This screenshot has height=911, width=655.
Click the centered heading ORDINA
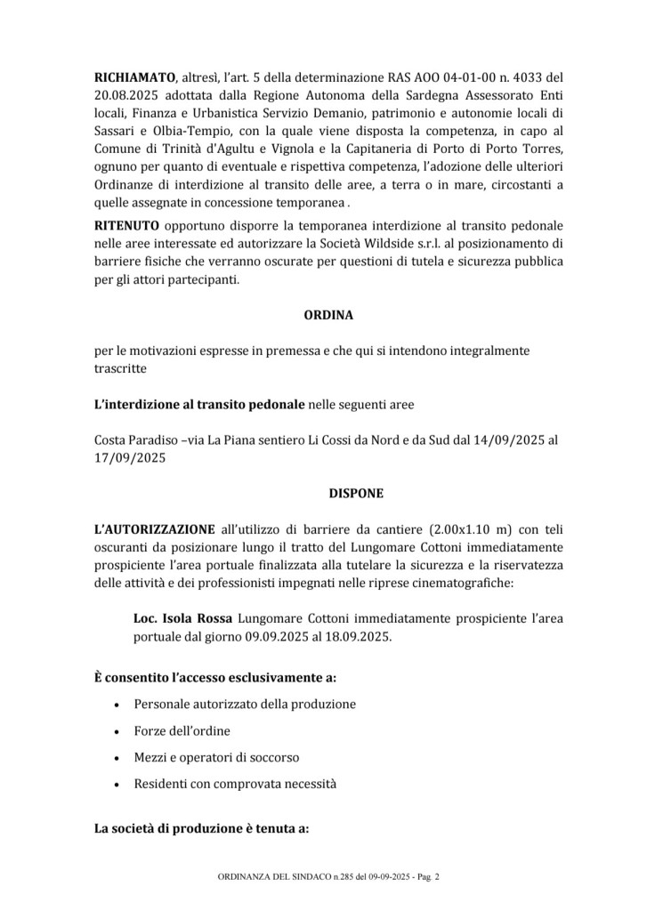pyautogui.click(x=327, y=314)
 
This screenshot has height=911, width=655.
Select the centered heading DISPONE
pyautogui.click(x=327, y=490)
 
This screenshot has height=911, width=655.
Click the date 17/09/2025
pyautogui.click(x=130, y=460)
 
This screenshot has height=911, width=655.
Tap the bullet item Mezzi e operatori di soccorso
pyautogui.click(x=216, y=757)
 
